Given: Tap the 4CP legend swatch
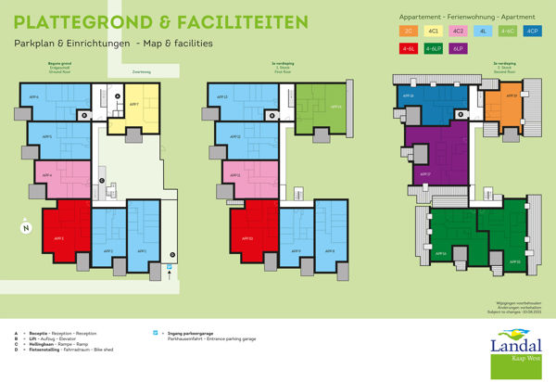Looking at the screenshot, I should coord(532,32).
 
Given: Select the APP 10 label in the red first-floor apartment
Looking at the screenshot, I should coord(249,238).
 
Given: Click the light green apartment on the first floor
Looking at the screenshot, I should coord(321,108).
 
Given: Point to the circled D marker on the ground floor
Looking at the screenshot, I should coord(171,255).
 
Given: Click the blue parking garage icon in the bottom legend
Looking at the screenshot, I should coord(155,331).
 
